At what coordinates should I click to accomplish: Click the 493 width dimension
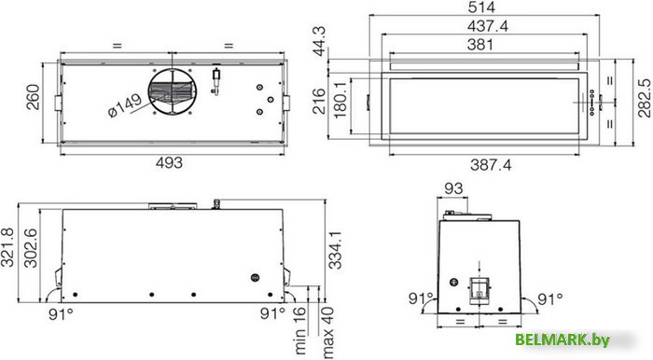[x=168, y=161]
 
